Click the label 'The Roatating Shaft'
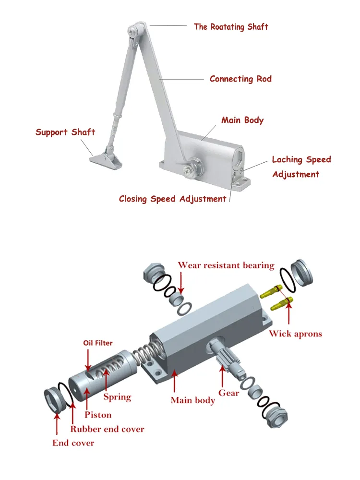(x=231, y=27)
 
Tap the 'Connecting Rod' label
(x=240, y=79)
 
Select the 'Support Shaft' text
(x=65, y=132)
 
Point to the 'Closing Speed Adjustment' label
(x=172, y=199)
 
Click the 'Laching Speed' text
(x=301, y=159)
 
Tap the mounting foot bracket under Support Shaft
(x=105, y=158)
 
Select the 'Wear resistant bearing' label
(x=226, y=265)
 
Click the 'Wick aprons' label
(x=295, y=334)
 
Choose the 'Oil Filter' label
(x=98, y=343)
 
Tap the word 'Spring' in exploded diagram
(x=117, y=396)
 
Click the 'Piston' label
(x=98, y=414)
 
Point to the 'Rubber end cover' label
(x=107, y=429)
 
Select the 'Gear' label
(x=229, y=393)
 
